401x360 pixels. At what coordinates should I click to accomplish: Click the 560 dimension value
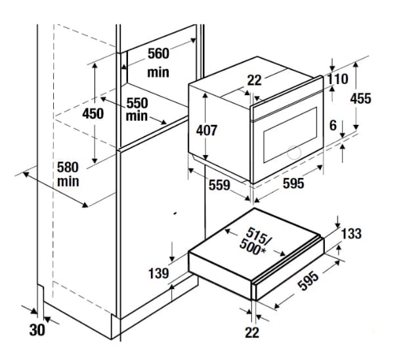[159, 54]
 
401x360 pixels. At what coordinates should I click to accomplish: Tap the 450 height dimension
[93, 114]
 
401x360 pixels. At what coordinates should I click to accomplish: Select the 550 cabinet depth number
[137, 103]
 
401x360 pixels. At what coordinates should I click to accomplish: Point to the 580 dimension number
[68, 168]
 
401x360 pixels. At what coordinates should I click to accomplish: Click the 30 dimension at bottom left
[37, 330]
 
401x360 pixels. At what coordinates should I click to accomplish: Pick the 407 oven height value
[207, 130]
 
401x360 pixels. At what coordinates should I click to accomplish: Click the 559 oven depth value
[219, 185]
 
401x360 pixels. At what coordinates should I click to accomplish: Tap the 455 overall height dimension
[360, 99]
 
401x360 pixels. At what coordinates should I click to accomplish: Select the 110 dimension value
[338, 79]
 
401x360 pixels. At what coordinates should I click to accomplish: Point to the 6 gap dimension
[333, 125]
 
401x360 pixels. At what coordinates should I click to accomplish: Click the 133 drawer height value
[351, 233]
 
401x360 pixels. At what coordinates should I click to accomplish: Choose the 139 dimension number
[159, 273]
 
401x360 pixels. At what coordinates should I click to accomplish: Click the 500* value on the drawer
[253, 247]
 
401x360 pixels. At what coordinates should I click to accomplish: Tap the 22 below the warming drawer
[252, 332]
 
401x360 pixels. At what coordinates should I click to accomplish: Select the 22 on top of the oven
[255, 80]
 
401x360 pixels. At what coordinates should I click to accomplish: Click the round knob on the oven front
[294, 152]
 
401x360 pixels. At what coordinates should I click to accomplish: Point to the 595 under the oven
[293, 183]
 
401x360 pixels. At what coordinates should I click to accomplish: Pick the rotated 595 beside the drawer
[309, 281]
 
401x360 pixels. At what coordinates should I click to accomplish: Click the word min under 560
[158, 72]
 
